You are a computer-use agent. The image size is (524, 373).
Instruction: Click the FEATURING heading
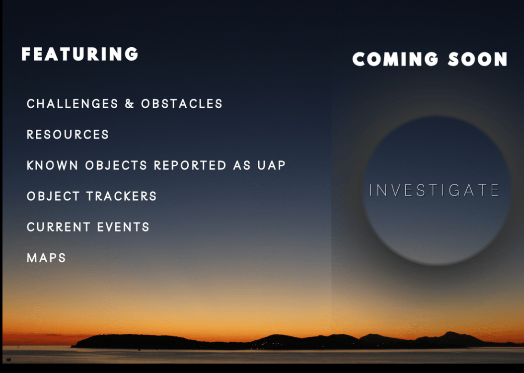tap(80, 54)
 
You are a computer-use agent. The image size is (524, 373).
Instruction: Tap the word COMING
tap(395, 59)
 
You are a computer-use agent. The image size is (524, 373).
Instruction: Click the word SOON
tap(477, 59)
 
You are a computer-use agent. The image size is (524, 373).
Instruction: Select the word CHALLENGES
tap(73, 104)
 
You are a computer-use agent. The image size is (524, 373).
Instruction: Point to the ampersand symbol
tap(130, 104)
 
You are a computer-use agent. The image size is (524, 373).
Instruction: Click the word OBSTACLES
tap(182, 104)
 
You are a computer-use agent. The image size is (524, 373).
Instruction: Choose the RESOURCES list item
tap(68, 135)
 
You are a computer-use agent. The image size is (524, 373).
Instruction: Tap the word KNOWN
tap(53, 165)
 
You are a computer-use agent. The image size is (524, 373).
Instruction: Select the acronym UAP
tap(271, 165)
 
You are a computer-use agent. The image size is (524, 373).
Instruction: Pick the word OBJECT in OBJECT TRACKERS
tap(54, 196)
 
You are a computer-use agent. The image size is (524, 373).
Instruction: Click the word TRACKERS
tap(122, 196)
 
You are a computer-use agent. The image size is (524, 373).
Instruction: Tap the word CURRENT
tap(59, 227)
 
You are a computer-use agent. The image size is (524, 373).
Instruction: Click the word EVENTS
tap(123, 227)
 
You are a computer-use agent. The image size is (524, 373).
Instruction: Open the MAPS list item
tap(47, 258)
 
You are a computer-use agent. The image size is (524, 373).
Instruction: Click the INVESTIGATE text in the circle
tap(434, 190)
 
